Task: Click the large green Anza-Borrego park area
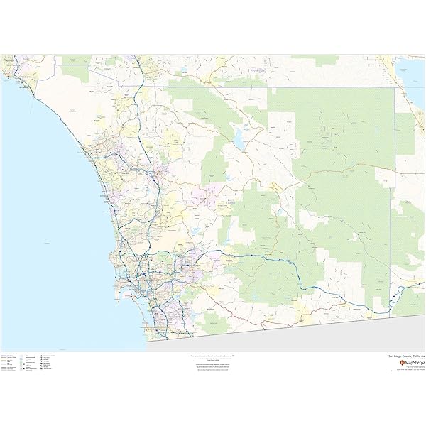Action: tap(341, 142)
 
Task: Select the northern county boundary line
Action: tap(284, 87)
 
